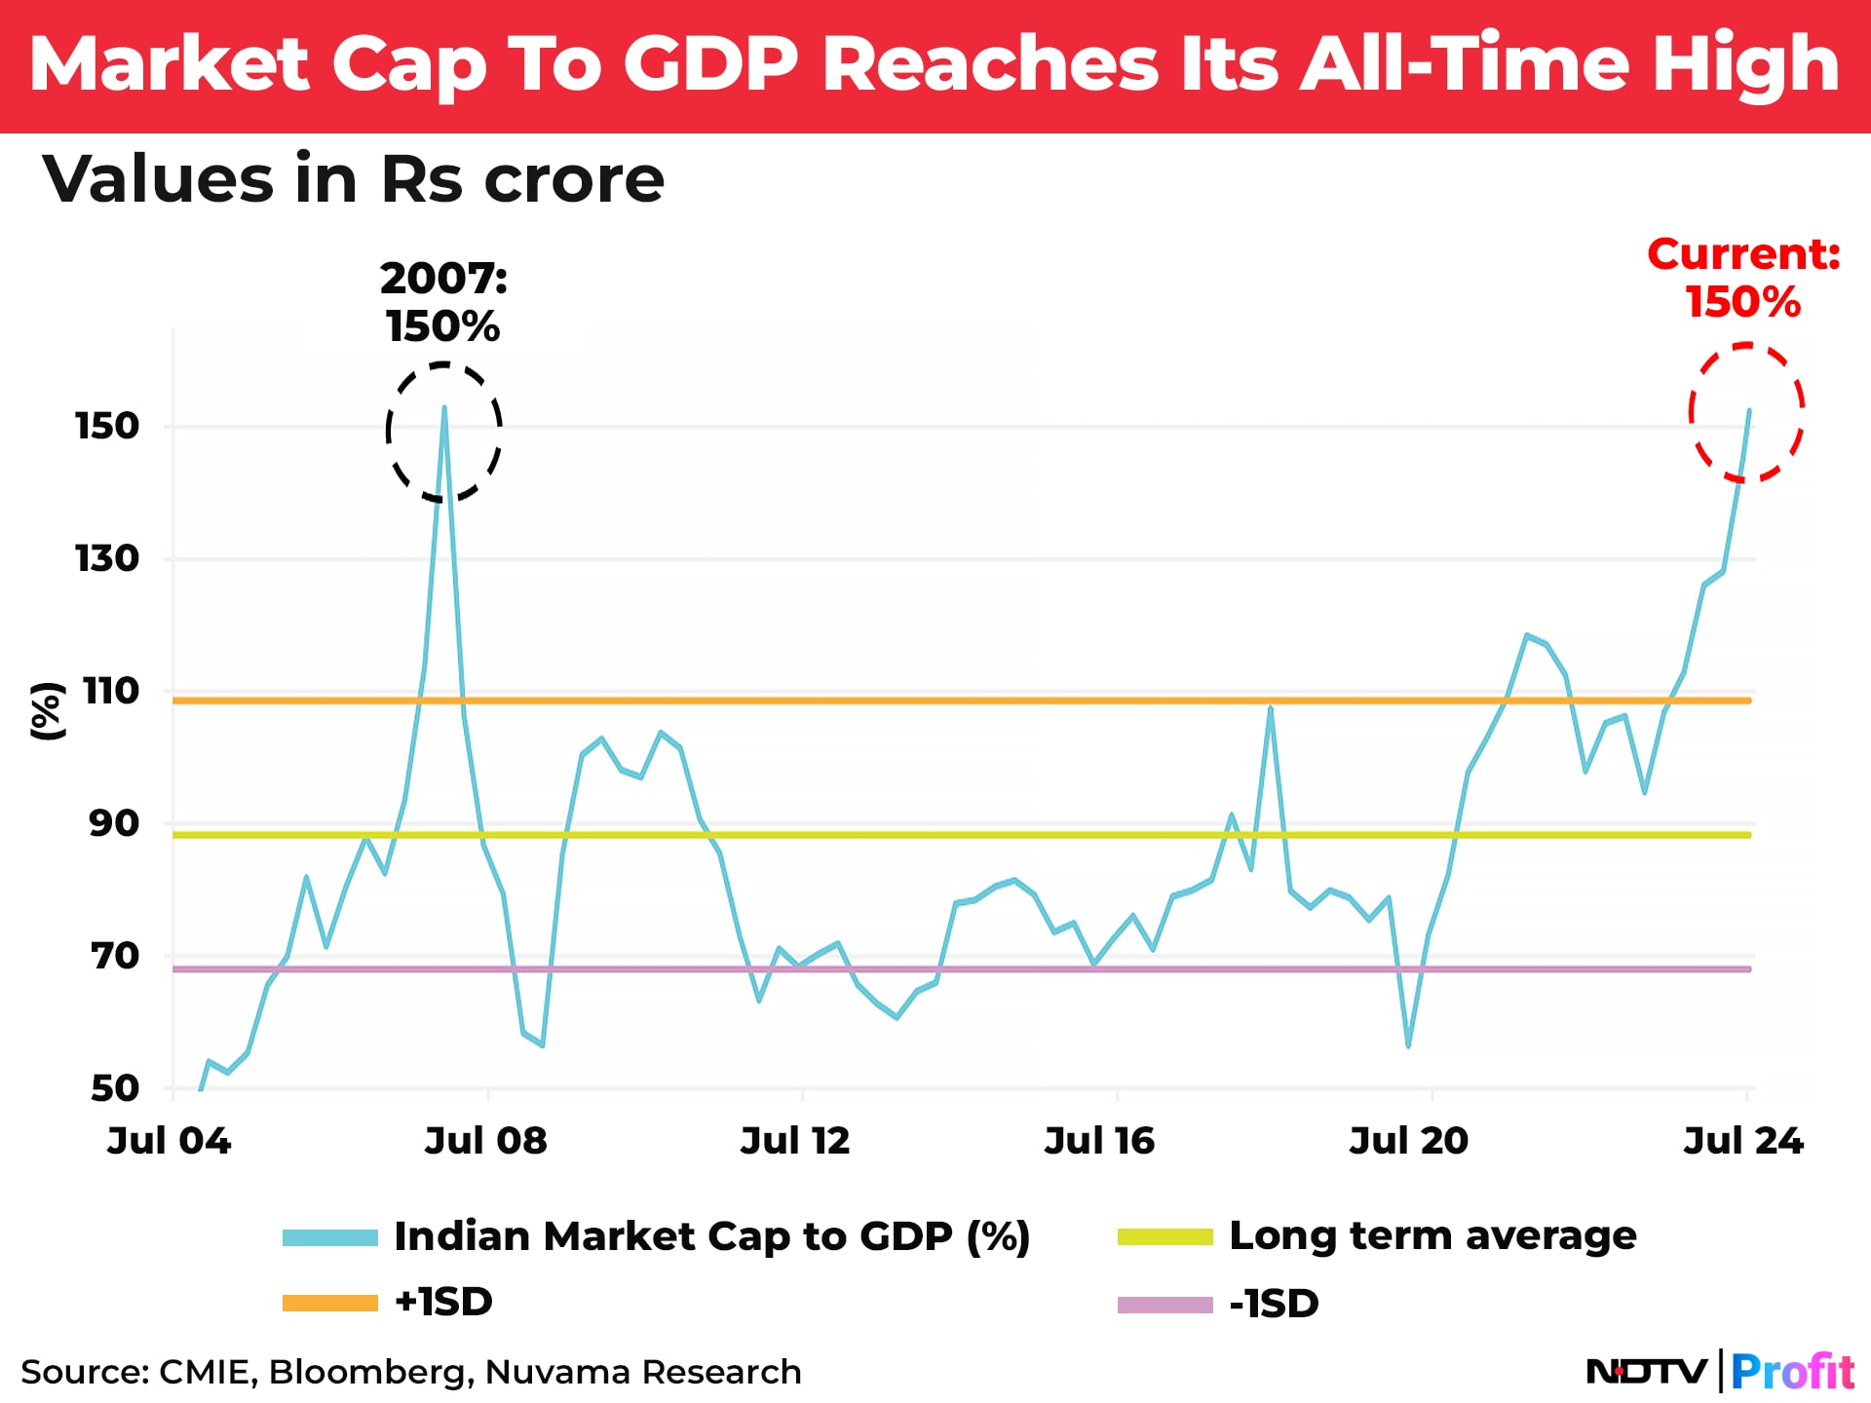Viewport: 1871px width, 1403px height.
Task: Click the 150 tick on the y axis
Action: point(107,426)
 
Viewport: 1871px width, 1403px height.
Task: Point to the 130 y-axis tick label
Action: point(107,558)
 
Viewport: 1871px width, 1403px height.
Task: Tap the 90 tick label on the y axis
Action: point(114,823)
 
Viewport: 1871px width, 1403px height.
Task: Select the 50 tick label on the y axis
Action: point(114,1087)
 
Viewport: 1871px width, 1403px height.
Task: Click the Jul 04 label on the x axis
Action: point(169,1140)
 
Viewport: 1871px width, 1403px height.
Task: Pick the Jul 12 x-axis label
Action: point(795,1140)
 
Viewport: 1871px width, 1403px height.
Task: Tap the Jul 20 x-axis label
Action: point(1408,1140)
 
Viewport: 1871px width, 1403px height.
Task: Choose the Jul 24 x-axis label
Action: point(1743,1140)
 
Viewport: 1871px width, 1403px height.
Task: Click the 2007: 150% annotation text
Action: point(443,302)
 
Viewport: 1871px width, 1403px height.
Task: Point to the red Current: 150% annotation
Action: point(1743,278)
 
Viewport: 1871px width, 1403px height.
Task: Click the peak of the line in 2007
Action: point(444,408)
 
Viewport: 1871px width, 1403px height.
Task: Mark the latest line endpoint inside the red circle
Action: point(1749,411)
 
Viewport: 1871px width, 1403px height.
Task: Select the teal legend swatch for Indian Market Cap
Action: point(330,1237)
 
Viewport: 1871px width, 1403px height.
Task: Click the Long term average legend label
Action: point(1432,1235)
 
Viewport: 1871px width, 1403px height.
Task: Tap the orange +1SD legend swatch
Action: point(330,1303)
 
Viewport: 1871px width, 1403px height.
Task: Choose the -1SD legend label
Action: point(1274,1304)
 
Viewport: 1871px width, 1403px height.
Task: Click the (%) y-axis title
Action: point(47,711)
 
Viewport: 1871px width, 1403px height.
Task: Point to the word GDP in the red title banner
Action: point(710,64)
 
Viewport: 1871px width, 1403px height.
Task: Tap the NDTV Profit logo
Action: point(1720,1372)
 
